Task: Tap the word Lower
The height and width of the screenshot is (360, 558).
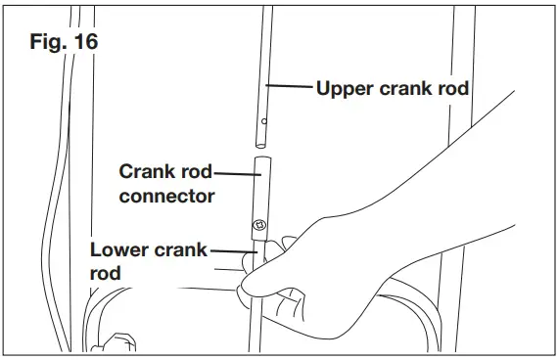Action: tap(119, 249)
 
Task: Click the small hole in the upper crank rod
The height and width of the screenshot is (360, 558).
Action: tap(263, 122)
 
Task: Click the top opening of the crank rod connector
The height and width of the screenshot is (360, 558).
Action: tap(260, 157)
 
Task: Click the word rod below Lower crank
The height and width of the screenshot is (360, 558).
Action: tap(105, 274)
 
